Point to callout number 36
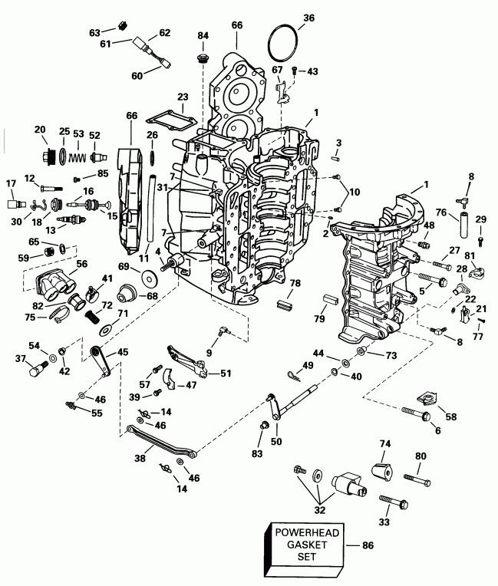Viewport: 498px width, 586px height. [308, 18]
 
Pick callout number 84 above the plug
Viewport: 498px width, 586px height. [203, 36]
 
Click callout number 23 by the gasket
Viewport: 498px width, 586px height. [182, 97]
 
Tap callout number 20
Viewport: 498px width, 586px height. [41, 130]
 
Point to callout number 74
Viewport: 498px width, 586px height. [385, 443]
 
